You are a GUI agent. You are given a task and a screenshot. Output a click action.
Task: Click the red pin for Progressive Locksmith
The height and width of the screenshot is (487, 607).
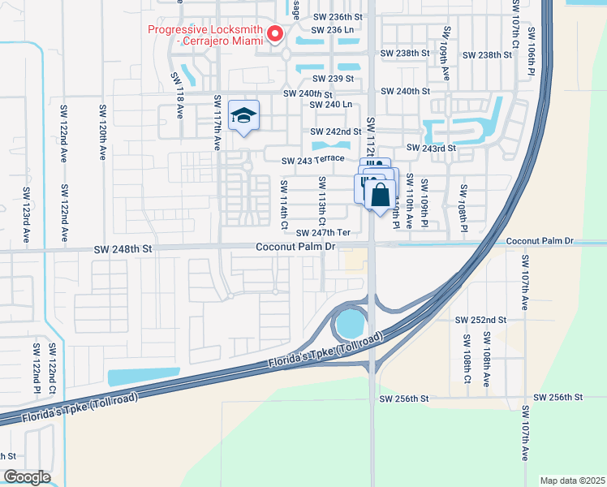[x=274, y=34]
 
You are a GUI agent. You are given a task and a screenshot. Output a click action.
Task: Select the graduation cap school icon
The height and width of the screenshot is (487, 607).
[x=243, y=116]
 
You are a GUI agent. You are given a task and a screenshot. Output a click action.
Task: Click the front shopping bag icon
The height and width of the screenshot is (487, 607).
[x=379, y=195]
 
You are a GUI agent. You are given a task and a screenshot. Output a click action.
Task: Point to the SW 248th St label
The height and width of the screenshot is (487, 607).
[x=123, y=250]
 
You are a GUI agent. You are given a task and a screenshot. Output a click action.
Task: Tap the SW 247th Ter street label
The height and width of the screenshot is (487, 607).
[x=322, y=232]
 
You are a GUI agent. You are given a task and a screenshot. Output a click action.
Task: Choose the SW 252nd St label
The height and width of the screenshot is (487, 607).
[x=480, y=321]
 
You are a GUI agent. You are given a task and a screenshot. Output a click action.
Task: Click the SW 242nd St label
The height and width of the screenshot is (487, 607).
[x=335, y=131]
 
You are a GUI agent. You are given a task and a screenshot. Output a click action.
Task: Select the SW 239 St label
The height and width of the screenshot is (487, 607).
[x=333, y=79]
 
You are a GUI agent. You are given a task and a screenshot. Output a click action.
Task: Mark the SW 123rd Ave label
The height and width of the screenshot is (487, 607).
[x=26, y=219]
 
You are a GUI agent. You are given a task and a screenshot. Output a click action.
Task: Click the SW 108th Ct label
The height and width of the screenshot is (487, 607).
[x=467, y=357]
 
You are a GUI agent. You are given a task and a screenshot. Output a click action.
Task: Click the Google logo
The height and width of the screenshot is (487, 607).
[x=27, y=476]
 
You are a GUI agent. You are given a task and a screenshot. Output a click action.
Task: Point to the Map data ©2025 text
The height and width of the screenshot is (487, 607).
[x=571, y=481]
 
